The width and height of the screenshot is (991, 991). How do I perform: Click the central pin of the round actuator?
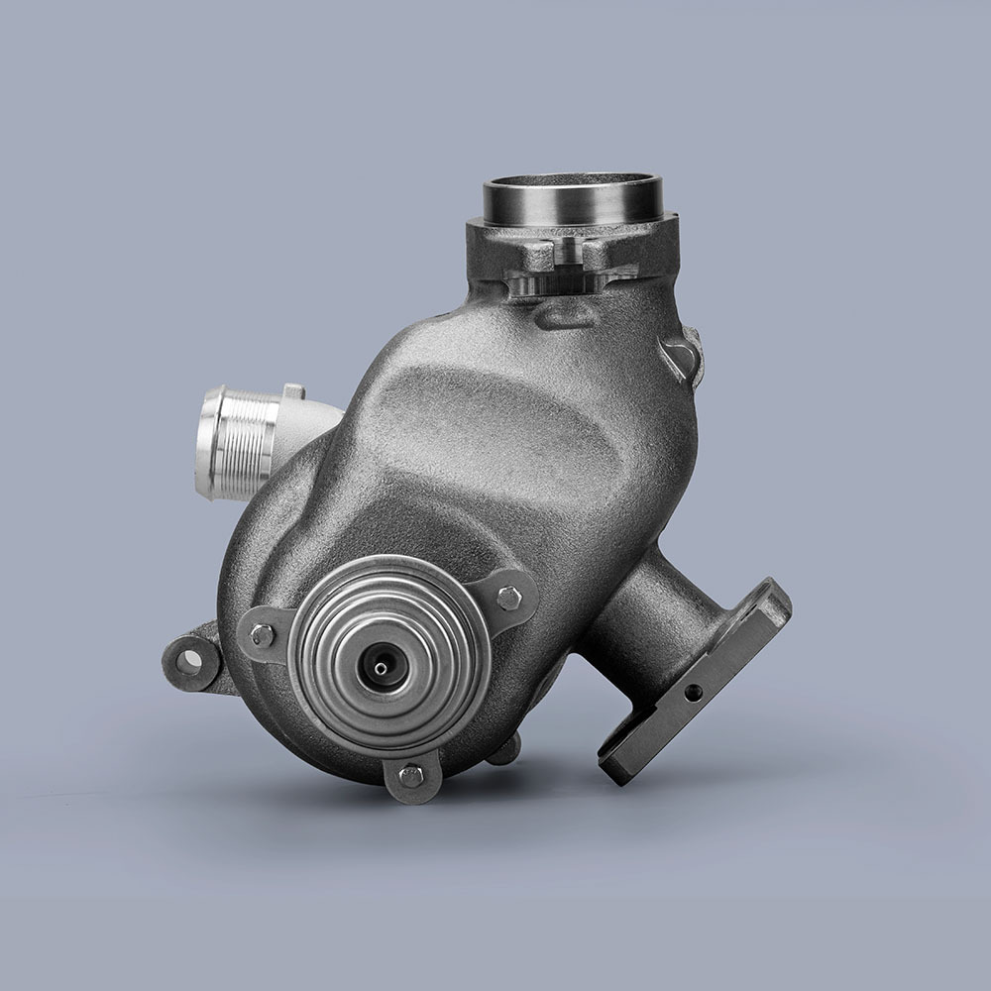(x=382, y=665)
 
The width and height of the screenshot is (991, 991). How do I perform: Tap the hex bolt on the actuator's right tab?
(x=511, y=599)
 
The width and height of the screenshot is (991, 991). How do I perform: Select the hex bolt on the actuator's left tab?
(x=263, y=635)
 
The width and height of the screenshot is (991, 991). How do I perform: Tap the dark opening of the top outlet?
(x=573, y=186)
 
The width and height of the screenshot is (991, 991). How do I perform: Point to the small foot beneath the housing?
(x=503, y=751)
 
